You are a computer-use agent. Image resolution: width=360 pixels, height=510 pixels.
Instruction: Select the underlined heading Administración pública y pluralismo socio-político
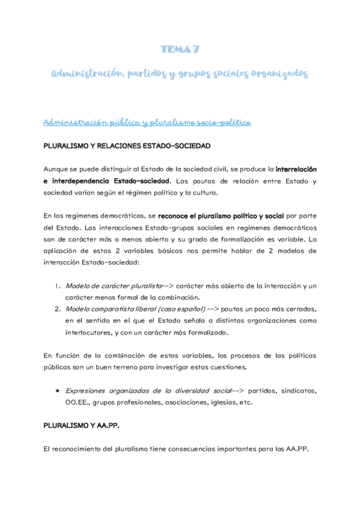[147, 122]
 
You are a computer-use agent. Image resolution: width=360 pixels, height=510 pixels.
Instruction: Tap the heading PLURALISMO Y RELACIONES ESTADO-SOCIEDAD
[126, 146]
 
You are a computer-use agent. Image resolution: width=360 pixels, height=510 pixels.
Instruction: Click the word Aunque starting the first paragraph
[58, 170]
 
